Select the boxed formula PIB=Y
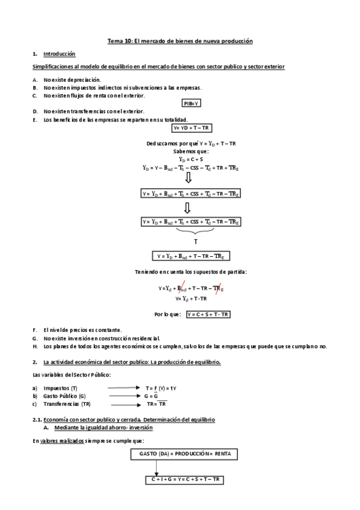tap(192, 103)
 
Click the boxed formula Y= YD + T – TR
tap(192, 128)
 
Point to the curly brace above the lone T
tap(195, 231)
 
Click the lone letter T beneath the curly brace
tap(195, 241)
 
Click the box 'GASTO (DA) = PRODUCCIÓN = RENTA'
tap(185, 453)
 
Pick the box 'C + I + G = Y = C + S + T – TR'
tap(185, 479)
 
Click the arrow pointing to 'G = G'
tap(124, 396)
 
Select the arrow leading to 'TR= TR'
tap(124, 404)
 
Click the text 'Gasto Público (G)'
tap(64, 396)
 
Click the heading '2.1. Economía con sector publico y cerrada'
tap(123, 419)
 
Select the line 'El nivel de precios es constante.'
tap(82, 330)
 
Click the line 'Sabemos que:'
tap(191, 152)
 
